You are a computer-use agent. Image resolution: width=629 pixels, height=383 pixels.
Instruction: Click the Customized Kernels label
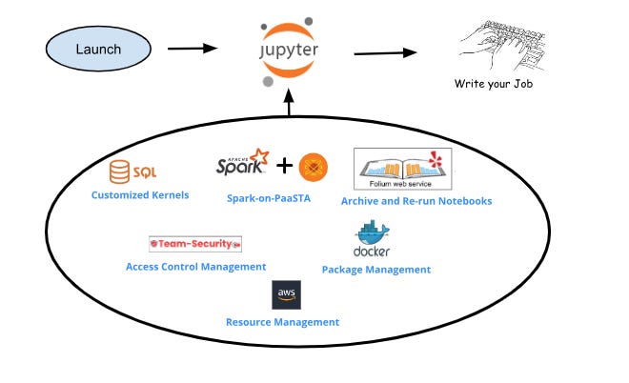point(140,195)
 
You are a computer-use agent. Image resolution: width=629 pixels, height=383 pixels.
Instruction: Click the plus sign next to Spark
point(284,167)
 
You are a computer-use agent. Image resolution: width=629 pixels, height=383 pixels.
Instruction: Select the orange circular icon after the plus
point(314,168)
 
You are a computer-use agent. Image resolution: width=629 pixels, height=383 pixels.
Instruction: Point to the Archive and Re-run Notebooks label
point(416,201)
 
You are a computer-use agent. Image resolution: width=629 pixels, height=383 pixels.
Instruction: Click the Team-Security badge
point(195,244)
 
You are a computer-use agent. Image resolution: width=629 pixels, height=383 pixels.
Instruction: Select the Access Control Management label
point(195,267)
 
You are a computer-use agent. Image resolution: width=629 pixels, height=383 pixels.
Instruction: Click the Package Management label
point(375,270)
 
